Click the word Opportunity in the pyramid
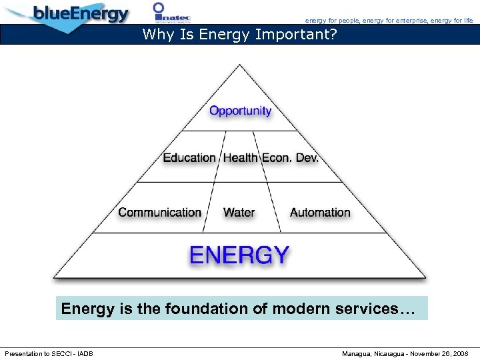click(x=240, y=111)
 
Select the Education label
click(x=189, y=158)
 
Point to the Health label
click(x=240, y=158)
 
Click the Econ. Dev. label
click(x=290, y=158)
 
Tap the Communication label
click(x=159, y=213)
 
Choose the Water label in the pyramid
click(x=239, y=213)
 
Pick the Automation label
click(x=320, y=213)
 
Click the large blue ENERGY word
click(x=239, y=255)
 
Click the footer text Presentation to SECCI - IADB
click(x=49, y=353)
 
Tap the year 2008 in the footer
click(x=461, y=353)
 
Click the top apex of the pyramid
click(x=240, y=65)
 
